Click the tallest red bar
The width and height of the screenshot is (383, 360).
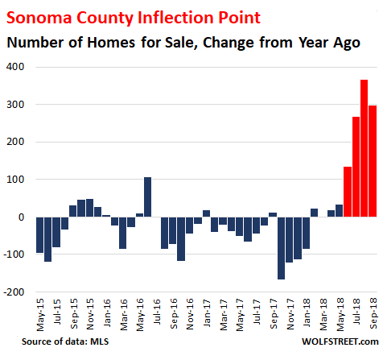[x=364, y=148]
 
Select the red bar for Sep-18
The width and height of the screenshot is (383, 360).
[x=373, y=161]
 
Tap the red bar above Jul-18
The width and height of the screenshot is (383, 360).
[x=356, y=167]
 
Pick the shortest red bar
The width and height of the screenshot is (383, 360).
[x=348, y=192]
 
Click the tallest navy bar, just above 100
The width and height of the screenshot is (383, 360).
[x=147, y=197]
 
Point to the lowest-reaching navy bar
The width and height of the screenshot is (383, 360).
[x=281, y=248]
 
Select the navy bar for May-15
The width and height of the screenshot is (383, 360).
[x=39, y=235]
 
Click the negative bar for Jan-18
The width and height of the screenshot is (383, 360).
[x=306, y=233]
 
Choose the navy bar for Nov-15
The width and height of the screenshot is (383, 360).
[x=89, y=208]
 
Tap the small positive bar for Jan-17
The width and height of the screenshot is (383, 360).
[x=206, y=213]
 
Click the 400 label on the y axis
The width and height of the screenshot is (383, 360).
[x=15, y=67]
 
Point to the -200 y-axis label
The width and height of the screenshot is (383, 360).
[x=14, y=292]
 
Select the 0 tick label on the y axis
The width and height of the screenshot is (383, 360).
[x=21, y=217]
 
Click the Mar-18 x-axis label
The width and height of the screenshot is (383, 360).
[x=323, y=314]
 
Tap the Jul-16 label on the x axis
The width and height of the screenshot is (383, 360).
[x=157, y=312]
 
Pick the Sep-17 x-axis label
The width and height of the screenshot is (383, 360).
[x=274, y=314]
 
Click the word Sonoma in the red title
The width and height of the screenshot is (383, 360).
[x=39, y=18]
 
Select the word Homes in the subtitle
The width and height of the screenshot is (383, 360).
[x=111, y=43]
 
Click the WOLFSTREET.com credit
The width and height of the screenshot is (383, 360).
[x=340, y=341]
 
